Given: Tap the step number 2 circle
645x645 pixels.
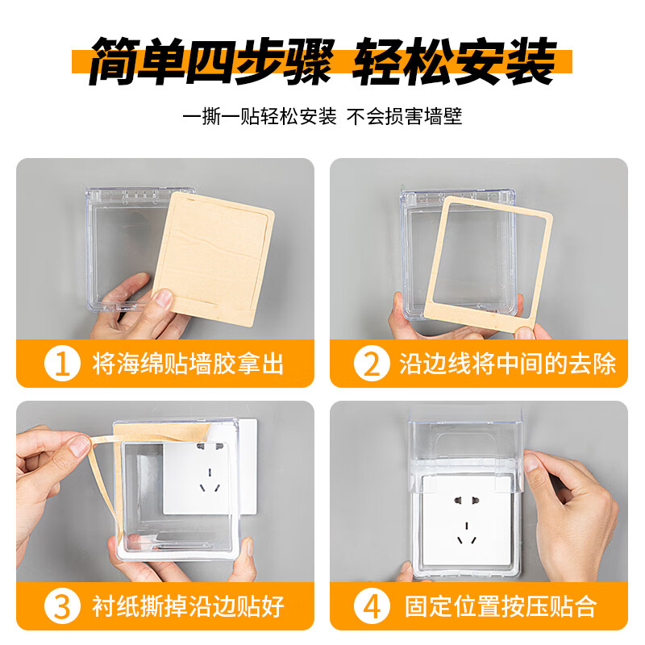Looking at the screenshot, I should tap(372, 364).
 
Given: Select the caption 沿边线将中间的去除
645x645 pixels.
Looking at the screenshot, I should tap(507, 364).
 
